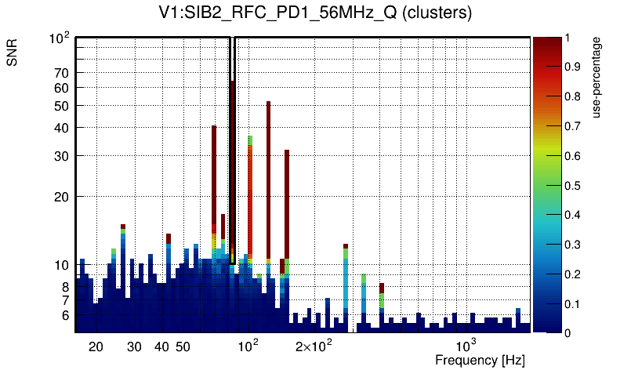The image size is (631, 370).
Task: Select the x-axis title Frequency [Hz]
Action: (480, 360)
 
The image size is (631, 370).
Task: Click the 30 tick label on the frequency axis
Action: (134, 346)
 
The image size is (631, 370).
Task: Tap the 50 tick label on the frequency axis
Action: (183, 346)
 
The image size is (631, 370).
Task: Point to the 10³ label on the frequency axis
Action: (466, 346)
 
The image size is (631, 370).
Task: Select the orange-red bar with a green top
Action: (250, 196)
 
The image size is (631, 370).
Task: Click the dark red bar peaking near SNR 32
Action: (287, 204)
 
